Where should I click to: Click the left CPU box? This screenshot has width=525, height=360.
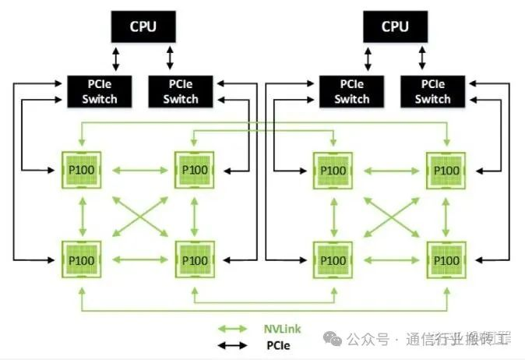pos(143,26)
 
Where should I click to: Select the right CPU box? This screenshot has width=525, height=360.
pos(395,26)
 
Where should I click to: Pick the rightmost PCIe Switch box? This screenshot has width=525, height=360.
pos(432,91)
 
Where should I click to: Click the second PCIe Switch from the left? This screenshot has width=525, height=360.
pos(181,91)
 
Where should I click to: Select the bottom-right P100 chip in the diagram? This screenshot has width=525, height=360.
pos(446,257)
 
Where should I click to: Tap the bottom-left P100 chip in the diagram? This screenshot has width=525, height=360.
pos(81,257)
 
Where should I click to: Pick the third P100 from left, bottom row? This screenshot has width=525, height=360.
pos(333,257)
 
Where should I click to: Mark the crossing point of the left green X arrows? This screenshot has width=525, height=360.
pos(137,214)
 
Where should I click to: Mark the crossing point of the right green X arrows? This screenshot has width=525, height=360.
pos(389,214)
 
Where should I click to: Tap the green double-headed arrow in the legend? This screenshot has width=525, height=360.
pos(234,330)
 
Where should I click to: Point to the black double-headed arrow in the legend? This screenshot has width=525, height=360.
pos(234,345)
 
